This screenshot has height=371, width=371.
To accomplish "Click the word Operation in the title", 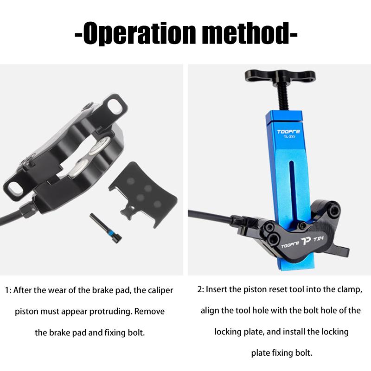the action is click(x=140, y=33).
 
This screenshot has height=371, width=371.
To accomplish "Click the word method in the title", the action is click(x=245, y=33).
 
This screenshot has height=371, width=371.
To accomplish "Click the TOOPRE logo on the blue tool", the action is click(x=288, y=132).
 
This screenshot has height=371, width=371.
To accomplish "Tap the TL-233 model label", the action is click(x=289, y=136).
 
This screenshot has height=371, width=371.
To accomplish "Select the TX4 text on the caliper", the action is click(x=318, y=239).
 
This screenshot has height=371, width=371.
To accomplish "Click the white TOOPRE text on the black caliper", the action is click(x=290, y=245).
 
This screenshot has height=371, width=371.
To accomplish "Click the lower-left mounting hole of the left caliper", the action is click(x=14, y=187).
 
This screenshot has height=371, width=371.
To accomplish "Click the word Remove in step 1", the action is click(x=149, y=311).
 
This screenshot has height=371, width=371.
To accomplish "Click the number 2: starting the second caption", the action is click(x=201, y=289).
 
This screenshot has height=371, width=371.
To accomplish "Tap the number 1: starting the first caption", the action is click(x=8, y=290).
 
